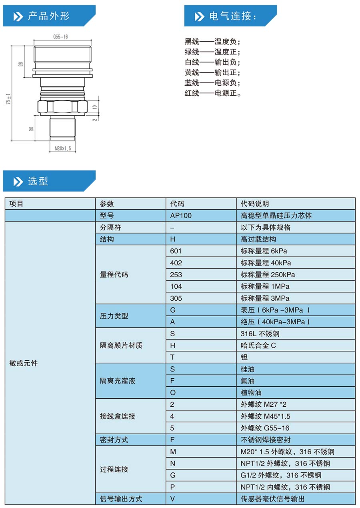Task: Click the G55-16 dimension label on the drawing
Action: click(x=60, y=37)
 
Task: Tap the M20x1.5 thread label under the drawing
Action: click(x=62, y=149)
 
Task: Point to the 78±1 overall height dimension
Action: click(x=8, y=100)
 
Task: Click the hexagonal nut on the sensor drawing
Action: click(x=62, y=107)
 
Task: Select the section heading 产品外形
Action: click(x=48, y=16)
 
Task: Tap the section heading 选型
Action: click(x=38, y=181)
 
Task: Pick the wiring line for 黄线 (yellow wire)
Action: click(x=212, y=72)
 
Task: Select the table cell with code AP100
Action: click(x=181, y=215)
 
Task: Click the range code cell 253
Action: click(x=176, y=275)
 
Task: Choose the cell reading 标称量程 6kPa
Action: click(x=264, y=251)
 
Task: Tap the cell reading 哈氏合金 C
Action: click(x=258, y=345)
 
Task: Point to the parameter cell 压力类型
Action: click(x=114, y=316)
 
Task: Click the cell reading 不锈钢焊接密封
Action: click(x=266, y=440)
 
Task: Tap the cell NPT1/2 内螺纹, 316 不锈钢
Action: click(x=285, y=487)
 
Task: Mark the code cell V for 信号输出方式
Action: click(x=173, y=499)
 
